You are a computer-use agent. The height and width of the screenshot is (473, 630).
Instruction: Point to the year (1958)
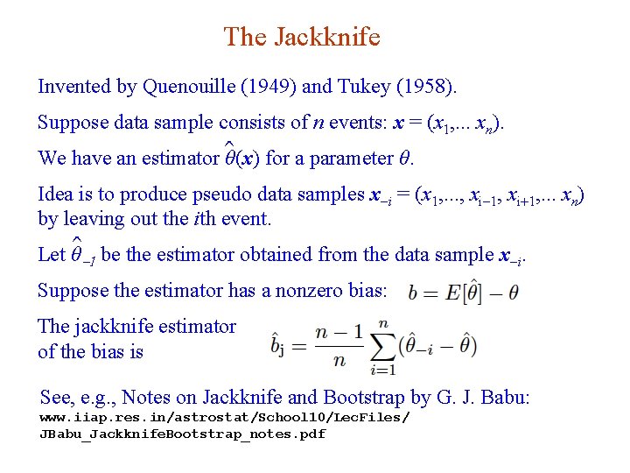click(x=424, y=87)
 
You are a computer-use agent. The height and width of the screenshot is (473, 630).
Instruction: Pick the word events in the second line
click(x=354, y=123)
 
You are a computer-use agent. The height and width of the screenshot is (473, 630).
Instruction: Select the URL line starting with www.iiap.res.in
click(x=224, y=417)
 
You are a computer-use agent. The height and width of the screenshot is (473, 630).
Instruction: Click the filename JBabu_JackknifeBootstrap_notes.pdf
click(x=182, y=434)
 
